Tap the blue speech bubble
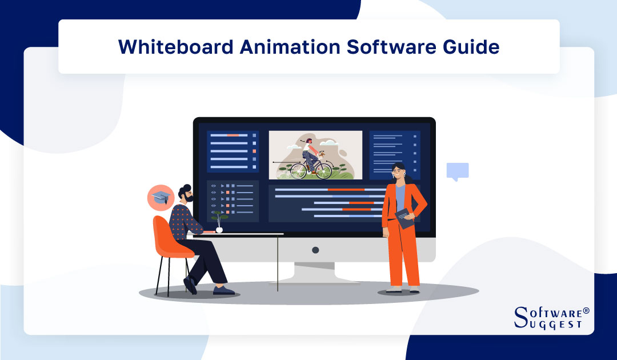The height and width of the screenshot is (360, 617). click(457, 171)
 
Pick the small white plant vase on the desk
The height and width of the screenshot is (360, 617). click(219, 229)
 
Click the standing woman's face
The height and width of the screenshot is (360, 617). click(398, 171)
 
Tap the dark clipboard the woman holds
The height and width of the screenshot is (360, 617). click(405, 218)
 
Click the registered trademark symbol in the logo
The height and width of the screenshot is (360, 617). click(585, 312)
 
